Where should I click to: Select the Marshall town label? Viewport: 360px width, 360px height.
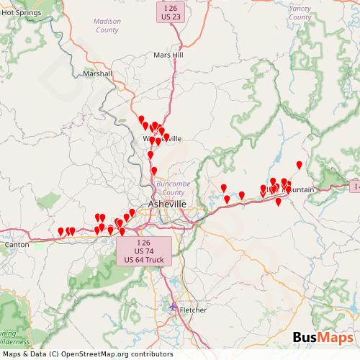(97, 73)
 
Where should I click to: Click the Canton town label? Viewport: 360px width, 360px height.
(16, 245)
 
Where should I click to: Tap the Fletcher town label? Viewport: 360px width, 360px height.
(190, 310)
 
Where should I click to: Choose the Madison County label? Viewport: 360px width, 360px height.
(107, 26)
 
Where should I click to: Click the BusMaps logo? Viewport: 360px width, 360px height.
(322, 337)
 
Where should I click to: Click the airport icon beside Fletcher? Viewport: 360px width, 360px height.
(172, 308)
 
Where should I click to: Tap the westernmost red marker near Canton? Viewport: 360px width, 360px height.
(60, 232)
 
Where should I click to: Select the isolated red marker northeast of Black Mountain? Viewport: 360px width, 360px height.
(300, 166)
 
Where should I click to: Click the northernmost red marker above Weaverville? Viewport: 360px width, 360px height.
(142, 120)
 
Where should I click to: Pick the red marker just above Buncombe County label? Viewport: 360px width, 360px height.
(154, 171)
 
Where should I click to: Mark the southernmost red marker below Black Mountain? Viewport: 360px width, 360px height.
(279, 202)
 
